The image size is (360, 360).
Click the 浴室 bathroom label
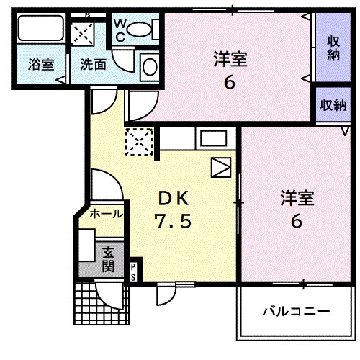41,64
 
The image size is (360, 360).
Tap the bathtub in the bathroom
41,30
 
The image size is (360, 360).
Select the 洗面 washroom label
93,64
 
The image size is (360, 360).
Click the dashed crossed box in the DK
138,141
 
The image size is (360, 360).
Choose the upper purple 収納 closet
333,47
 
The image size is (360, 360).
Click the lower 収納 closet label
333,105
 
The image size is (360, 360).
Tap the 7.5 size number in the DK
173,222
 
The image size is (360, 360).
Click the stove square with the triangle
220,167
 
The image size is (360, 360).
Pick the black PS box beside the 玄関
133,271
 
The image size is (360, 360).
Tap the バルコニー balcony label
295,312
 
